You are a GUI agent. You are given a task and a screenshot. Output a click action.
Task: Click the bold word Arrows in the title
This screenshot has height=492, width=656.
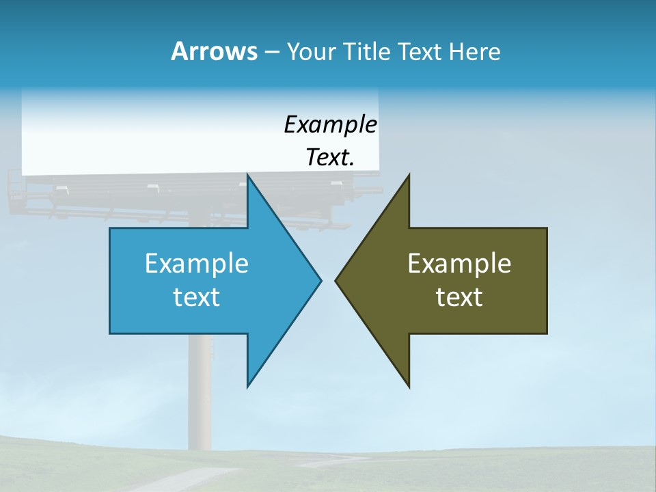coord(213,51)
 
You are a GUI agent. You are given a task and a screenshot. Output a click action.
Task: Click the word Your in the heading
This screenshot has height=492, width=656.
coord(311,51)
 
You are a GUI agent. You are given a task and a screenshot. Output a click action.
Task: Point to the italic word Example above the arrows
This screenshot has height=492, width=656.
coord(331,125)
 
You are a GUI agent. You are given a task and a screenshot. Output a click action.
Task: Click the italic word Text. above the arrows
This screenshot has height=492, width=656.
coord(331,158)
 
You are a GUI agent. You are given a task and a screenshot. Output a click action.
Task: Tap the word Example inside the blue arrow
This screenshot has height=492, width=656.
coord(197,263)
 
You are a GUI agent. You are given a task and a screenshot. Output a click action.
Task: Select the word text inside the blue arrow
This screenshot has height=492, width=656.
coord(197,297)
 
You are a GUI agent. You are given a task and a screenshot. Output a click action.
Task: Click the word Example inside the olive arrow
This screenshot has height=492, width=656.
coord(459,263)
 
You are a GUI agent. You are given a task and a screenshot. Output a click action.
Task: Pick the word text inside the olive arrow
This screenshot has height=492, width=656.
coord(459,297)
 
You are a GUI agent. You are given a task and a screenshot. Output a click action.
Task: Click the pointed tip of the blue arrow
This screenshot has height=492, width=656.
coord(320,280)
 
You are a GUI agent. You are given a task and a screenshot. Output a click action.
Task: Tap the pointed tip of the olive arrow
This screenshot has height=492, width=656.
coord(336,280)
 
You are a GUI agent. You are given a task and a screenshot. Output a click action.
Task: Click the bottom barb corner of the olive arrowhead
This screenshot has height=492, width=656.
coord(409,387)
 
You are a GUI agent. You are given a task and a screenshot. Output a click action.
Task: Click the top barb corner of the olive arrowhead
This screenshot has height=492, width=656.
coord(409,175)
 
